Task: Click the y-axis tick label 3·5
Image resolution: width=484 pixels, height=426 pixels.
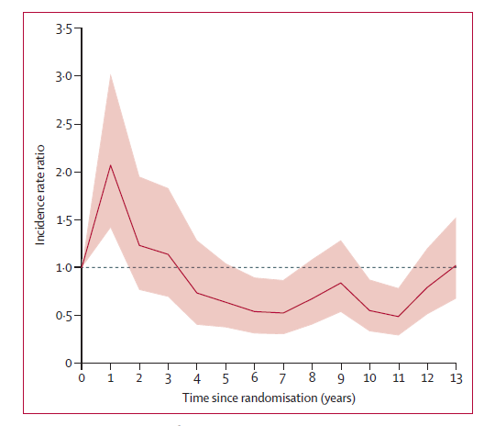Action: tap(63, 29)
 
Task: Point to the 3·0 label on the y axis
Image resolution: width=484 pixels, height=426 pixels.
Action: tap(63, 76)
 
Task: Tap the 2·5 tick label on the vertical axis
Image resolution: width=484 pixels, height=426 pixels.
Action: tap(63, 124)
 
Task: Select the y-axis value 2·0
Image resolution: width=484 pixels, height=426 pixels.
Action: tap(63, 173)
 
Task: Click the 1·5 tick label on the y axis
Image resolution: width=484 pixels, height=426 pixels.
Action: tap(63, 220)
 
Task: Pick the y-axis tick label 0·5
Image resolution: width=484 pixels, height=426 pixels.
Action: tap(63, 316)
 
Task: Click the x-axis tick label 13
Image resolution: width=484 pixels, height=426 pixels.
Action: tap(456, 378)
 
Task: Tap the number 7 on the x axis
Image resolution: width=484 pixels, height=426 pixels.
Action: tap(283, 378)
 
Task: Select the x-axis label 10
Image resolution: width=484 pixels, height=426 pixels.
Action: tap(369, 377)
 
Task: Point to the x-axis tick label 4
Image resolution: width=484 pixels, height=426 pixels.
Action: tap(197, 378)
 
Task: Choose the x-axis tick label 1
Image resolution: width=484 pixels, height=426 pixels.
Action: tap(110, 377)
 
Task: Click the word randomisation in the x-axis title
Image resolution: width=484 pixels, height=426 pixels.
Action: tap(279, 398)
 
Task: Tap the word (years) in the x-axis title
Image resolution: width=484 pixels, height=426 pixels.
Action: tap(338, 398)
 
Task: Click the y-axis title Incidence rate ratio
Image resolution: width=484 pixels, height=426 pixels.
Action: tap(40, 195)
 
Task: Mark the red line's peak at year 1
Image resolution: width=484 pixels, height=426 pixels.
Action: tap(110, 165)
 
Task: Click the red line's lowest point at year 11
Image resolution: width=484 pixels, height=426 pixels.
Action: tap(398, 317)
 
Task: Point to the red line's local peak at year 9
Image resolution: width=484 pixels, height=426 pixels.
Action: tap(341, 283)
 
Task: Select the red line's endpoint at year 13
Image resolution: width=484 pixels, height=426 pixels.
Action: tap(456, 266)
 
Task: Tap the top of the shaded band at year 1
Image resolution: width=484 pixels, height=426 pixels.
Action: tap(110, 74)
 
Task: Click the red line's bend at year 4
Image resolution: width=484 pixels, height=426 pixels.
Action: tap(197, 293)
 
